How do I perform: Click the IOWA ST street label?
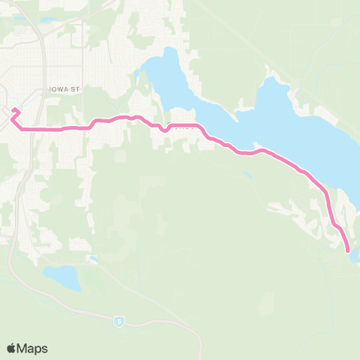[x=64, y=88]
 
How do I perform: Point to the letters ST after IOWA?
[x=75, y=88]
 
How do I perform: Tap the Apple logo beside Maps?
[x=12, y=348]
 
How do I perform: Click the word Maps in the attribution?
[x=33, y=348]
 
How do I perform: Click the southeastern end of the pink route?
[x=348, y=251]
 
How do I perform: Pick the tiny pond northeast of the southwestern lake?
[x=91, y=259]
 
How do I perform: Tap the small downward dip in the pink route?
[x=163, y=130]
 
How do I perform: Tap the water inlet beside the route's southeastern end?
[x=355, y=256]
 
